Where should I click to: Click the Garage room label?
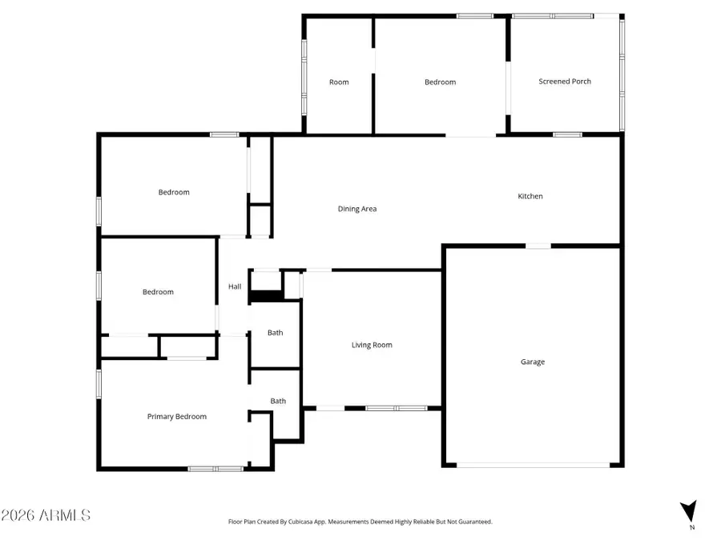click(x=533, y=362)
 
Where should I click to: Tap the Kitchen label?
click(x=530, y=196)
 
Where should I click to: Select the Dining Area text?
click(x=357, y=209)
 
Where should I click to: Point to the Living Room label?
click(x=372, y=345)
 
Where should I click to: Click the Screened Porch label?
click(x=565, y=81)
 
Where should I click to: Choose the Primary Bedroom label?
click(x=177, y=416)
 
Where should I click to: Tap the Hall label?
click(x=235, y=286)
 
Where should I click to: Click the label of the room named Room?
click(x=339, y=82)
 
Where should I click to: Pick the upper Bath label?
click(x=276, y=333)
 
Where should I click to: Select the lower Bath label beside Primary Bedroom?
click(x=278, y=401)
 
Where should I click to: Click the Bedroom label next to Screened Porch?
click(x=440, y=82)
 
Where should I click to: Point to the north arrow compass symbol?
click(x=688, y=510)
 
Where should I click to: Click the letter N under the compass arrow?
click(x=691, y=527)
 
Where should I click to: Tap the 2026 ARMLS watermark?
click(x=46, y=515)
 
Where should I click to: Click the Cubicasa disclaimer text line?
click(x=360, y=522)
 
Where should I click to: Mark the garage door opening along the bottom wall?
click(x=533, y=465)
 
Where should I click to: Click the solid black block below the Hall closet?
click(x=266, y=297)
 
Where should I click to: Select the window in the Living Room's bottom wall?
click(x=396, y=409)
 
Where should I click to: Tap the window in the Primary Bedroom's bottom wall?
click(x=215, y=468)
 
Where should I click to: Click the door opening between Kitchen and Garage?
click(x=538, y=246)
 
